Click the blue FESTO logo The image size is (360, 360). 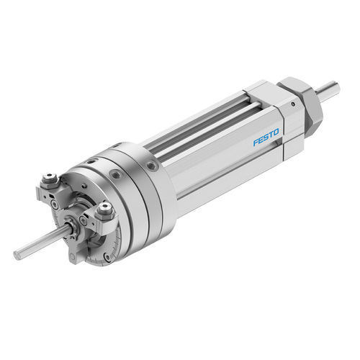pos(266,137)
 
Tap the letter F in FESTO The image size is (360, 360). pos(256,143)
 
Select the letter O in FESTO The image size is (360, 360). pos(276,132)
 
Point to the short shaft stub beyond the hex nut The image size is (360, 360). pos(328,88)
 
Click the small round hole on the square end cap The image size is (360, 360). pos(293,104)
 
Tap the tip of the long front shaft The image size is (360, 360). pos(17,255)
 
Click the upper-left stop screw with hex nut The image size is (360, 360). pos(50,179)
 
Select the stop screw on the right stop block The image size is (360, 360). pos(104,211)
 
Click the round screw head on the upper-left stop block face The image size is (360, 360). pos(55,204)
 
